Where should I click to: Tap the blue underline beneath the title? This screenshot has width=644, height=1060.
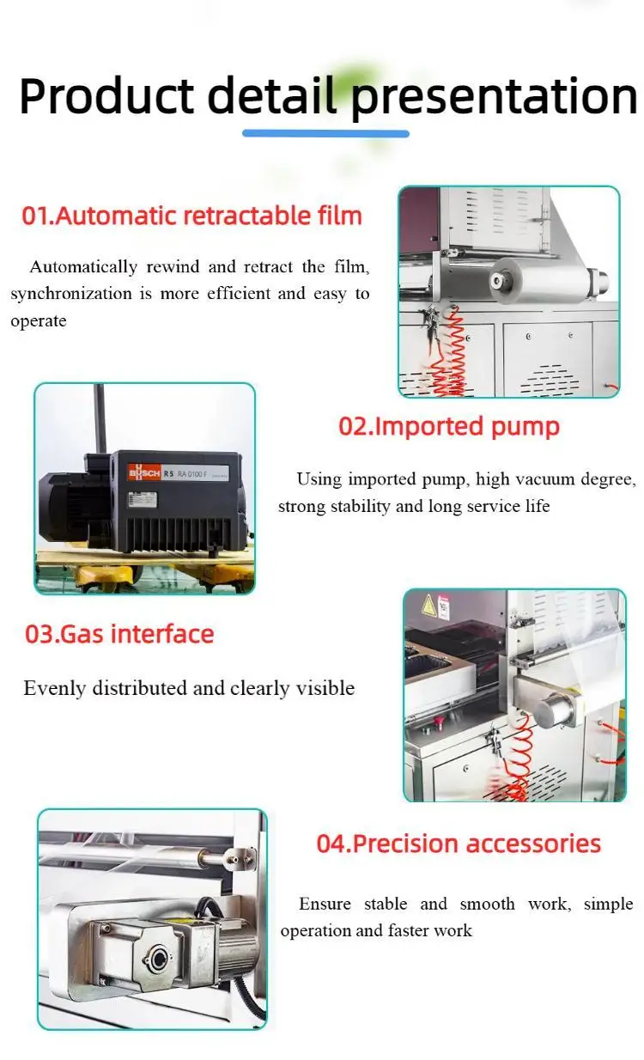[325, 133]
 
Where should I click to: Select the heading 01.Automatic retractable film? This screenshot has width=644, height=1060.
[191, 215]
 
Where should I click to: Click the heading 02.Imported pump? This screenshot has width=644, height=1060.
[448, 426]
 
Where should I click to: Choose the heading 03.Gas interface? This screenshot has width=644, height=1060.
[119, 635]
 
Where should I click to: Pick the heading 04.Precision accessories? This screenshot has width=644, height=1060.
[459, 844]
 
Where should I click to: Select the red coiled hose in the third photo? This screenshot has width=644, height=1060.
[518, 760]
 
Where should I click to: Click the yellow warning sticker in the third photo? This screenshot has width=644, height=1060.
[427, 606]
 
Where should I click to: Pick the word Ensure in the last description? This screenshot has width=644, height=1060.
[325, 904]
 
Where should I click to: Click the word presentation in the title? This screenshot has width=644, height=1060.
[493, 96]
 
